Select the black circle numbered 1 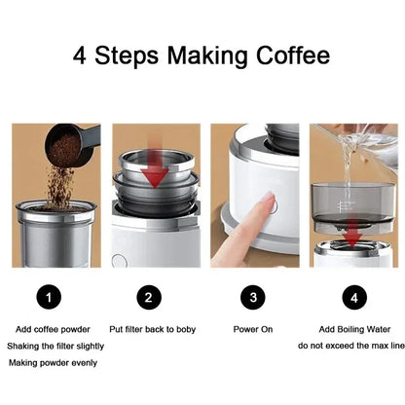click(x=54, y=296)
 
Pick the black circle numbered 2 click(x=148, y=296)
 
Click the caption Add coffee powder click(x=55, y=329)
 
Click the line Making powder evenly click(x=55, y=363)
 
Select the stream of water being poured click(x=348, y=175)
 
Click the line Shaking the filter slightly click(x=55, y=346)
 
